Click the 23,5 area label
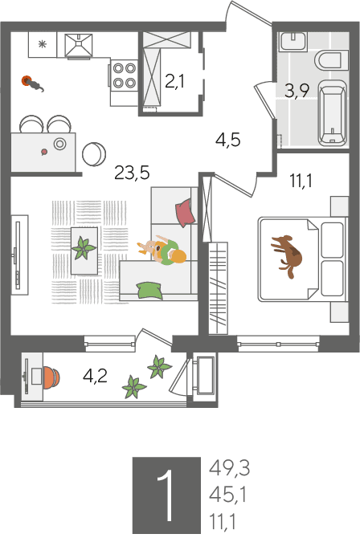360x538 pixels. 132,173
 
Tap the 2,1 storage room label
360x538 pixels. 175,82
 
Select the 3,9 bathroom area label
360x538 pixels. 297,91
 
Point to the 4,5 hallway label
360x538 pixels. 227,140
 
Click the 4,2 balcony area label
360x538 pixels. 95,377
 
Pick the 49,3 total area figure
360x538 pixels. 229,468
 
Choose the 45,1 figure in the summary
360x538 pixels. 227,495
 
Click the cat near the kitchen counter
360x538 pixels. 33,84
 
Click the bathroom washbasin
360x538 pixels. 293,42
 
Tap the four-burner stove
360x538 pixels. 124,75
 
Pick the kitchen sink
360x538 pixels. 79,45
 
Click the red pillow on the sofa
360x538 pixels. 185,213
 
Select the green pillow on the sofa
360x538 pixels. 149,291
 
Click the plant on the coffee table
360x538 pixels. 84,248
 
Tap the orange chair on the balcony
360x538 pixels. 51,377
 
